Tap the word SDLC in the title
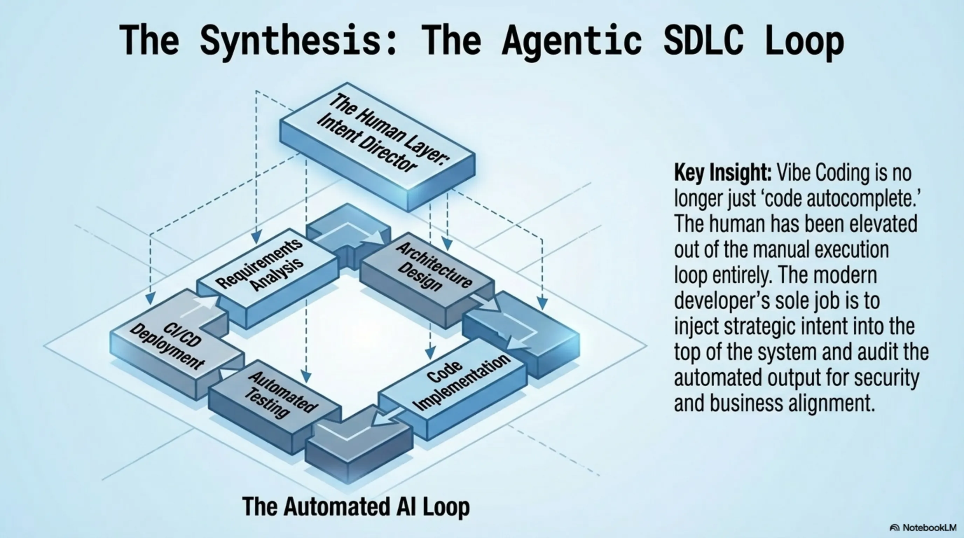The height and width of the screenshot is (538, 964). pos(703,40)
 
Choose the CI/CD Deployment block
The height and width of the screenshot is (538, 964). pos(168,344)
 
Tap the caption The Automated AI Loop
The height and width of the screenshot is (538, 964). pos(356,506)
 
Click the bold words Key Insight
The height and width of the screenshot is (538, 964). pos(722,173)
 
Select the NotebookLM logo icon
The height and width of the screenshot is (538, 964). pos(894,528)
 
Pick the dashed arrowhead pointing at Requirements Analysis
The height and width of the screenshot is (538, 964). pos(256,237)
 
